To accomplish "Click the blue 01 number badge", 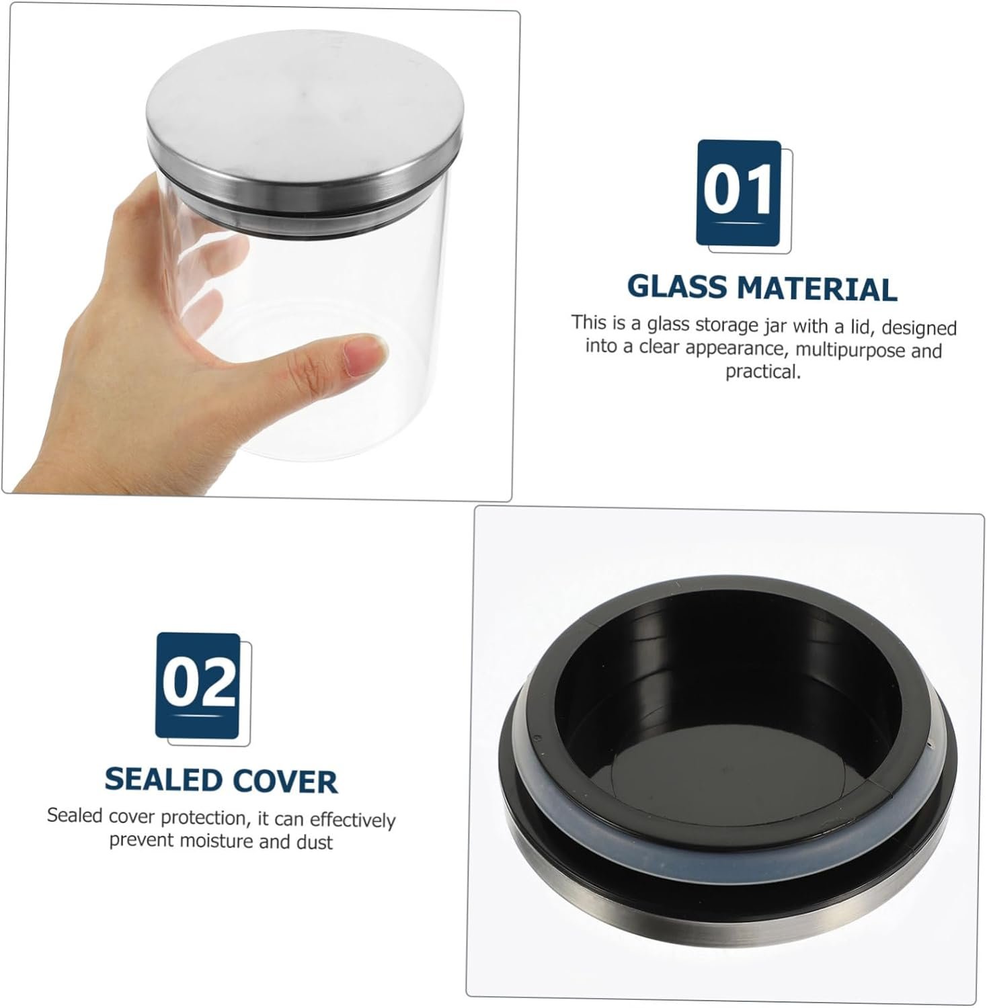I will [739, 192].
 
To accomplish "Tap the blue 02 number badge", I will [198, 685].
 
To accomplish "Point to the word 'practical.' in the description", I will [762, 372].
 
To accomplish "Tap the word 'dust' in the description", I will [315, 842].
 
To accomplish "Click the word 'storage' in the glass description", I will [729, 325].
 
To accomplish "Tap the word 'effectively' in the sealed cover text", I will [352, 820].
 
